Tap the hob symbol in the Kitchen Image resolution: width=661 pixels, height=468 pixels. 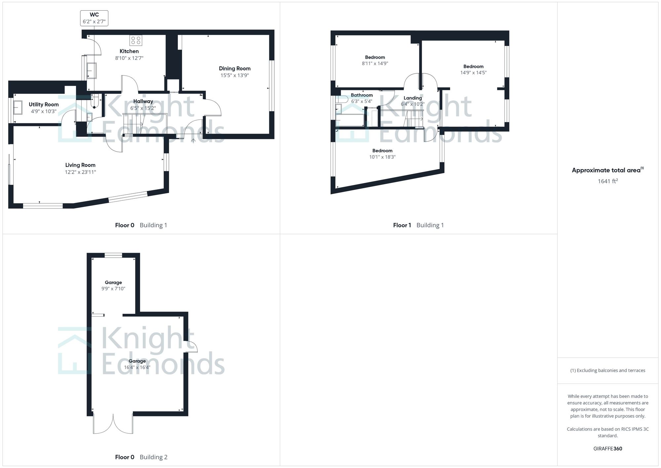pyautogui.click(x=136, y=40)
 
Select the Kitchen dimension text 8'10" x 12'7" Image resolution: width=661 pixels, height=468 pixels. pyautogui.click(x=129, y=58)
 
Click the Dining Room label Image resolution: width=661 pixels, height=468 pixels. pyautogui.click(x=235, y=68)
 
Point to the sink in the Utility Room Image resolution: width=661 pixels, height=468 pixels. pyautogui.click(x=18, y=107)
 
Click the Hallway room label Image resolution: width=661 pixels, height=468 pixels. pyautogui.click(x=143, y=101)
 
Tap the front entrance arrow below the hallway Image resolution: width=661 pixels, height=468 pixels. pyautogui.click(x=193, y=141)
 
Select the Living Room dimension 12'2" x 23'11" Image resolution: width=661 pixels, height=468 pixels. pyautogui.click(x=80, y=172)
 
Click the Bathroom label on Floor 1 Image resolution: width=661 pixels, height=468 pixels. pyautogui.click(x=362, y=95)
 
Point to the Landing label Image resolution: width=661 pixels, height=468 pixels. pyautogui.click(x=412, y=98)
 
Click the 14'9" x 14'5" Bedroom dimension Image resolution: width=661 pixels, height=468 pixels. pyautogui.click(x=473, y=73)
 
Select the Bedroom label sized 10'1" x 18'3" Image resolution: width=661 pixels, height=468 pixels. pyautogui.click(x=382, y=150)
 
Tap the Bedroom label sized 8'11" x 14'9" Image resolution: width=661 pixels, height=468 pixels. pyautogui.click(x=375, y=57)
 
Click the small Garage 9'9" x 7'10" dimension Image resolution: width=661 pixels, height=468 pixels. pyautogui.click(x=113, y=289)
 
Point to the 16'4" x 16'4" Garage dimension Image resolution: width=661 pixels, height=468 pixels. pyautogui.click(x=137, y=367)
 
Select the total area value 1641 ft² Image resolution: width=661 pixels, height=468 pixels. pyautogui.click(x=607, y=181)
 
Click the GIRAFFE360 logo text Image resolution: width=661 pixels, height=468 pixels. pyautogui.click(x=607, y=449)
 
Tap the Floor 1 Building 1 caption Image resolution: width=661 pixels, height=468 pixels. pyautogui.click(x=418, y=225)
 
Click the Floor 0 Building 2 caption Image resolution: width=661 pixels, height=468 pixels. pyautogui.click(x=141, y=457)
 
